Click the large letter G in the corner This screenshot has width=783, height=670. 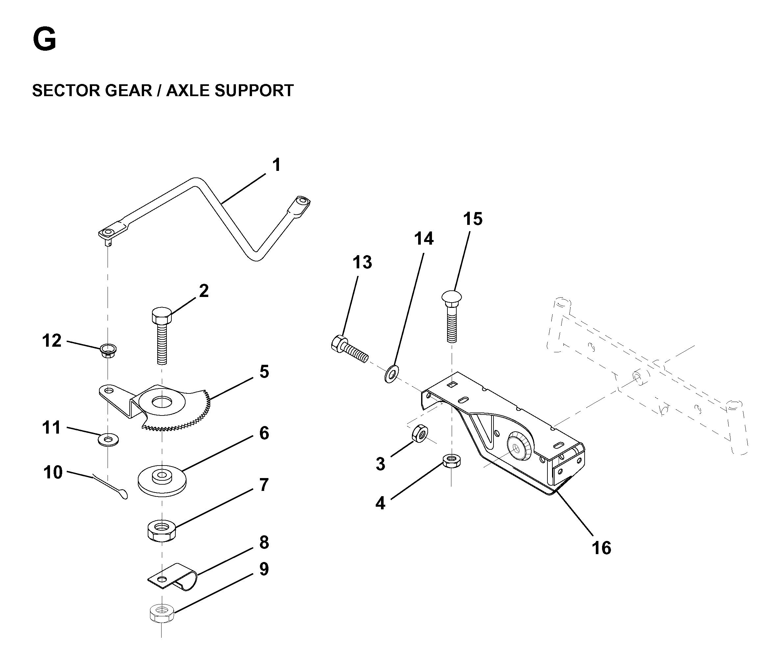[x=45, y=40]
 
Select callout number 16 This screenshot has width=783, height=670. [x=601, y=548]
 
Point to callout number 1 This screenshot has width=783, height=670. [x=277, y=165]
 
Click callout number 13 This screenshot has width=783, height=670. [x=362, y=262]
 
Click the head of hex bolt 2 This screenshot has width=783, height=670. [x=162, y=316]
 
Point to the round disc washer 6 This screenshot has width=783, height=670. [x=162, y=481]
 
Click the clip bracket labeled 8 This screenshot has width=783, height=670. [x=172, y=576]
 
